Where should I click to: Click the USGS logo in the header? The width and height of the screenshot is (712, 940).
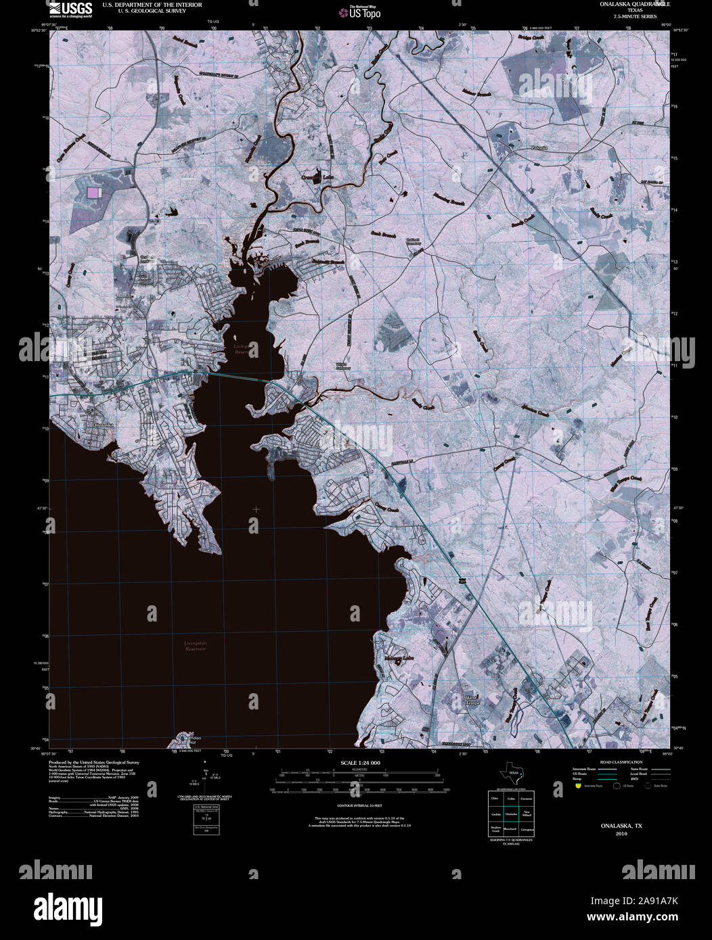tap(70, 9)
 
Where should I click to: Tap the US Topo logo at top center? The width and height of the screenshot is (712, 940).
tap(363, 11)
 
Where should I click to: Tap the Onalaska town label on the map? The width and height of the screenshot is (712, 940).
tap(105, 424)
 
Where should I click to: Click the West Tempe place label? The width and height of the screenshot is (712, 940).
tap(472, 700)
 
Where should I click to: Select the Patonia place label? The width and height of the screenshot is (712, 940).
tap(539, 147)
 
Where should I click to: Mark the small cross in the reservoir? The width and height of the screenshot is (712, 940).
tap(256, 509)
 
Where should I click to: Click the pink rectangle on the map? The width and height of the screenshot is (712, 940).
tap(93, 193)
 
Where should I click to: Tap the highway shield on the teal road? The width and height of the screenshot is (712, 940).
tap(462, 581)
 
